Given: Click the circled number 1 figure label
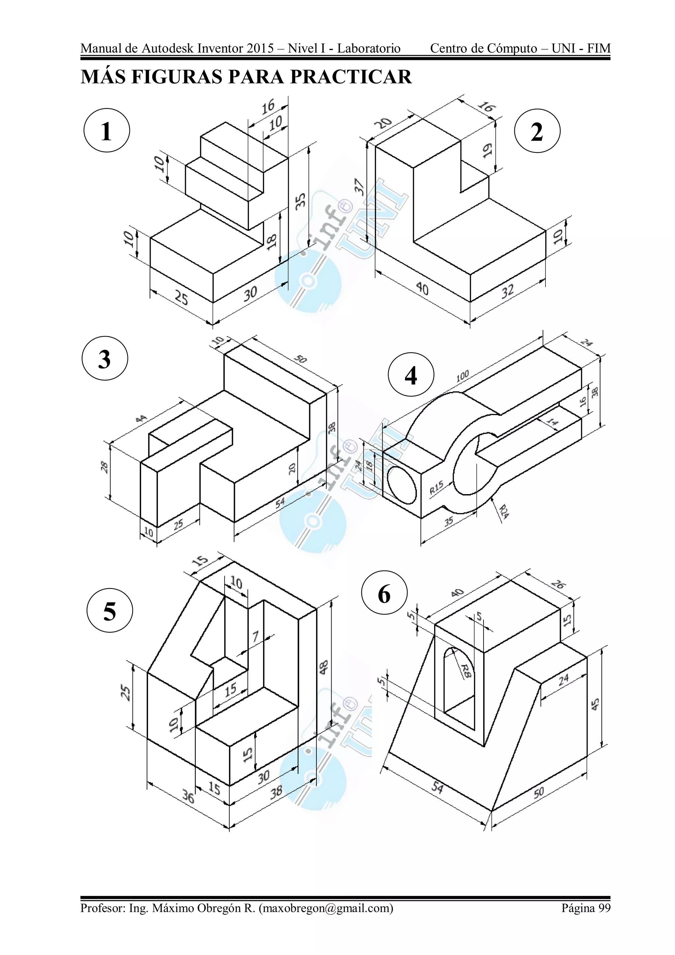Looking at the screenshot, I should (107, 131).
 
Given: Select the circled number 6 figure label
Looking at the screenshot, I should (384, 594).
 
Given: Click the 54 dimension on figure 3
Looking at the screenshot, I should (279, 502).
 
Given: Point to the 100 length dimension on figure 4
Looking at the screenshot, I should (462, 376).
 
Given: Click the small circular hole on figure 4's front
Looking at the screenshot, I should (401, 483).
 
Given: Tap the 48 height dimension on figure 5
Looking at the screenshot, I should (324, 666).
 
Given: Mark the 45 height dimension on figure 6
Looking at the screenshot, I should (595, 703).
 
